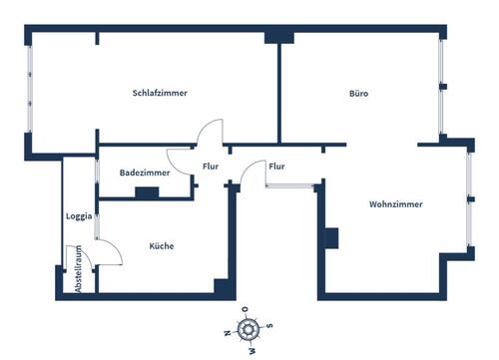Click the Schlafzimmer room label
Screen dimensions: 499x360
tap(161, 93)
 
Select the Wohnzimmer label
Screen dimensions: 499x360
tap(395, 204)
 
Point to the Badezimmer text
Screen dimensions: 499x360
tap(145, 173)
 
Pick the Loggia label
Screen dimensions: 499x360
tap(79, 215)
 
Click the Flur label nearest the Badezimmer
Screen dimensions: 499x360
tap(211, 167)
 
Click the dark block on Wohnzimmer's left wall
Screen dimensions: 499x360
tap(331, 237)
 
